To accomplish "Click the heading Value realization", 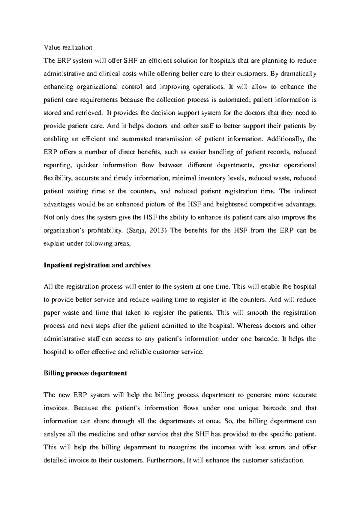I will (x=68, y=47).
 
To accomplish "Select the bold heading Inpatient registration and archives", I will (x=97, y=265).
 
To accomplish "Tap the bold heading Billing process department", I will (x=85, y=373).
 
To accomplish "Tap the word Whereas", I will (x=250, y=326).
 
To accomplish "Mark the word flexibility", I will (x=58, y=178).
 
